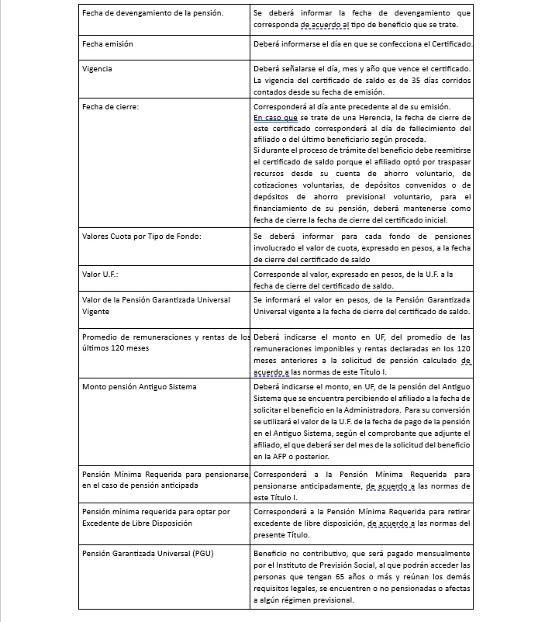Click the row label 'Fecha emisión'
coord(108,44)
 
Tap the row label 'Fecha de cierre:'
coord(111,106)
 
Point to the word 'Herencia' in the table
coord(350,117)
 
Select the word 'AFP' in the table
coord(270,447)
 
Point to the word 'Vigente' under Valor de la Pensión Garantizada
coord(95,311)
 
